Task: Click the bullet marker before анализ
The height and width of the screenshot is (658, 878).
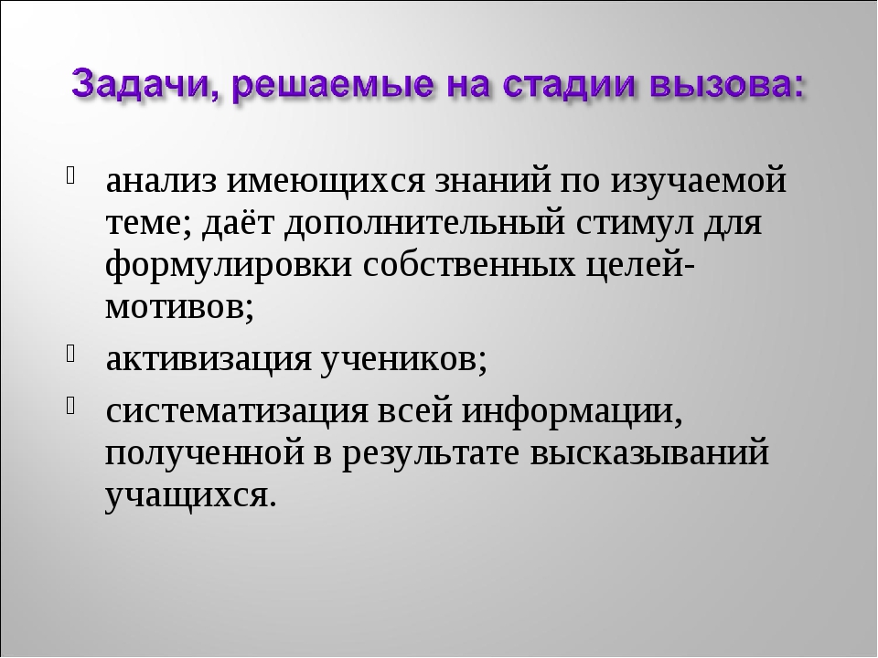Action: point(70,175)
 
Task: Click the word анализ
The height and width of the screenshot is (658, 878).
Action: point(161,182)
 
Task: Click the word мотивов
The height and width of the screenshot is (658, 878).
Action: point(174,307)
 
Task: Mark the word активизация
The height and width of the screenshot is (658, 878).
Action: point(209,361)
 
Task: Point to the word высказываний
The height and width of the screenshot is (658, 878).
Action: point(649,453)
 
